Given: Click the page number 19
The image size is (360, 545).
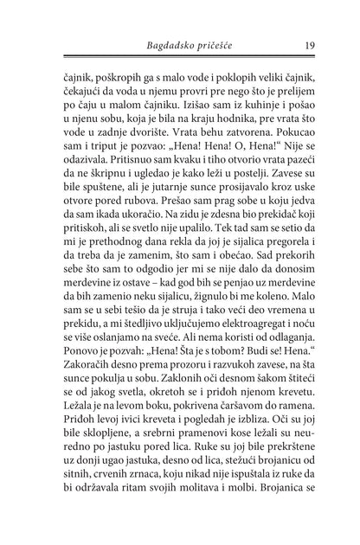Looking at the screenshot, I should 309,45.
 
